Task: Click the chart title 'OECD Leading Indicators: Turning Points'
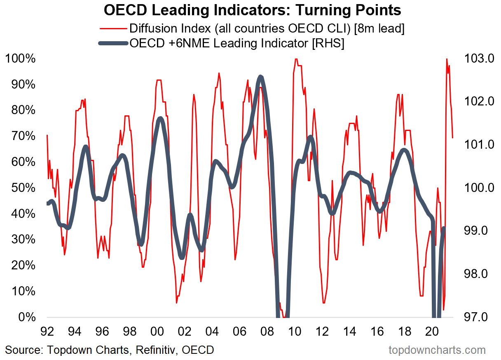point(252,10)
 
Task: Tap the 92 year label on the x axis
point(47,331)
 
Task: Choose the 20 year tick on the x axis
point(431,331)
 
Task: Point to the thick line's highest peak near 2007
point(260,77)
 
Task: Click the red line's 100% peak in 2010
point(296,59)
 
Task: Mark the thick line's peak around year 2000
point(160,119)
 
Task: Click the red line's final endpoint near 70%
point(453,137)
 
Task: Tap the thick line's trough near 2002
point(182,257)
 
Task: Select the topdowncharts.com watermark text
point(437,350)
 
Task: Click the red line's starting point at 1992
point(47,135)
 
